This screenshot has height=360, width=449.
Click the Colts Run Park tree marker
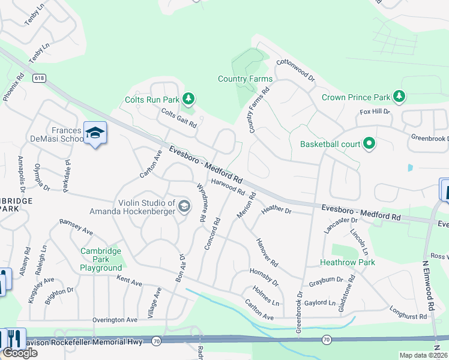point(188,98)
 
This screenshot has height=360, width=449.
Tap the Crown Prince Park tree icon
point(398,97)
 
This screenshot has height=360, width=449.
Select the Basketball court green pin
point(369,143)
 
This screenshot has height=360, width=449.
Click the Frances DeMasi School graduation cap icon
point(95,133)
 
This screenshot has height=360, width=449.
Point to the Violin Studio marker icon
point(184,207)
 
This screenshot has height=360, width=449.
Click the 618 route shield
point(40,78)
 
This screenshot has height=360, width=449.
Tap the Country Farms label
point(245,79)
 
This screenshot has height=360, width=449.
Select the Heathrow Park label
point(348,262)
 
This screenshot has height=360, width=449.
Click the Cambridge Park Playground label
point(101,259)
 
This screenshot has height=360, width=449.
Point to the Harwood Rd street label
point(228,188)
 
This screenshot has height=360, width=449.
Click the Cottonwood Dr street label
point(295,70)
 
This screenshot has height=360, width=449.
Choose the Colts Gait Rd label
point(179,118)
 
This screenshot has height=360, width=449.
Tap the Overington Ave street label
point(114,320)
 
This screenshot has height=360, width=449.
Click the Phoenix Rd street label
point(14,87)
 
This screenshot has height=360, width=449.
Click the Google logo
point(20,353)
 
